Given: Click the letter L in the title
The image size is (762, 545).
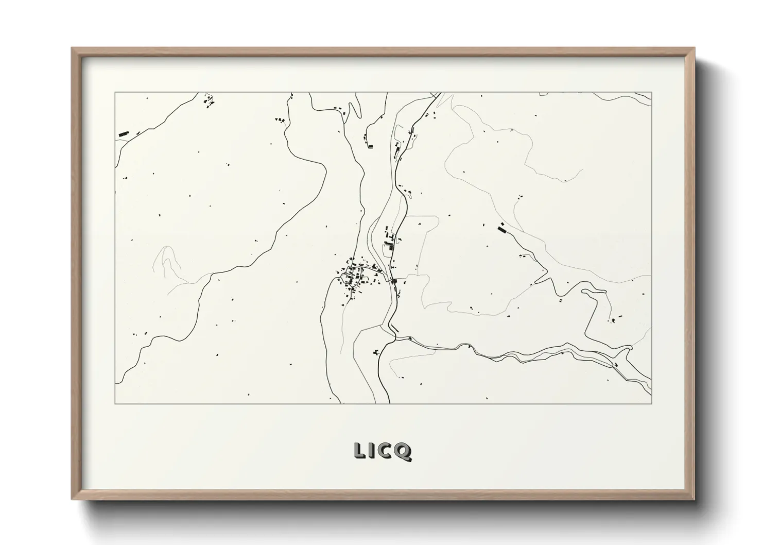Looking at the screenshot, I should [x=359, y=450].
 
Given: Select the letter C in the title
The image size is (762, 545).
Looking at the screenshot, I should [x=387, y=450].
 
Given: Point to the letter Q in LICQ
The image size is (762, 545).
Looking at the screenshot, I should [x=404, y=451].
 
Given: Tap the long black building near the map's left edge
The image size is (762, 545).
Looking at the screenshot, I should [x=124, y=134].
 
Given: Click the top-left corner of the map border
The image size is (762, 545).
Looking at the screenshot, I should [x=115, y=93].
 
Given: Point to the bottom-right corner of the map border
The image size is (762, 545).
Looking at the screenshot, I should [x=651, y=403].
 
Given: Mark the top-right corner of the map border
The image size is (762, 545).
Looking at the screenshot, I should [x=651, y=93].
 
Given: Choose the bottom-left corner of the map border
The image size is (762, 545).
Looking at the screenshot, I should [x=115, y=403].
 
